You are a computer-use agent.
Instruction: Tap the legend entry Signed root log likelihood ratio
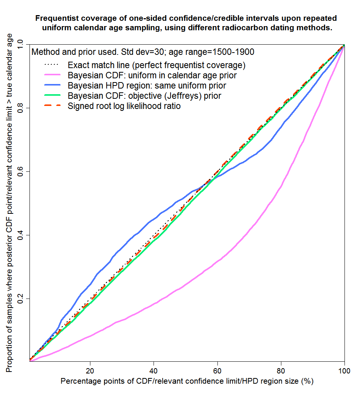pos(124,106)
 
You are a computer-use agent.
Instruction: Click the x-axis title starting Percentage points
pos(187,381)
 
